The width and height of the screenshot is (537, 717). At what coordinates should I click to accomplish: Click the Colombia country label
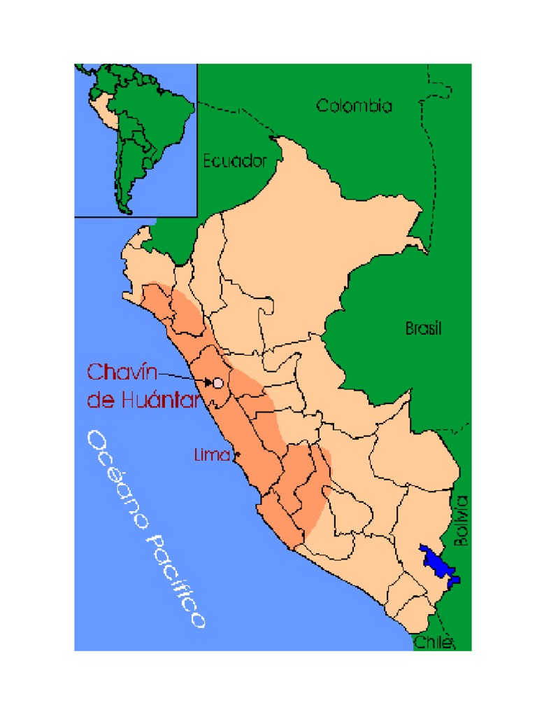point(354,106)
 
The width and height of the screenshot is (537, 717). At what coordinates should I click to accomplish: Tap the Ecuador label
point(235,161)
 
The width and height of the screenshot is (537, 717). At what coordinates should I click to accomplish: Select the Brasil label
point(424,328)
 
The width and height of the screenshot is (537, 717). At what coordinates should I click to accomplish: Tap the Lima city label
point(211,455)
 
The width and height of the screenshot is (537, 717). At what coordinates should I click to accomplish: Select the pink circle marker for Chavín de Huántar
point(217,383)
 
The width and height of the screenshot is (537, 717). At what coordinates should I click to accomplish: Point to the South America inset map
point(136,140)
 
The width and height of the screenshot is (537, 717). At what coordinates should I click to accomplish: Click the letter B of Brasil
point(410,328)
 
